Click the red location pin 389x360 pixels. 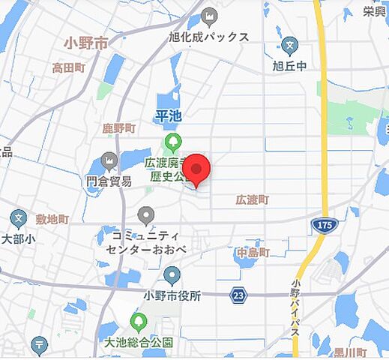click(197, 169)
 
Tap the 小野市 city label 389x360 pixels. click(86, 43)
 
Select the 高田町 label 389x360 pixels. click(68, 67)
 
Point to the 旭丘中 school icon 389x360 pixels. click(292, 43)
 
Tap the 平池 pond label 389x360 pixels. click(169, 115)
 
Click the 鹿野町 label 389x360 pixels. click(118, 128)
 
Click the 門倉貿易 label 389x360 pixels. click(109, 181)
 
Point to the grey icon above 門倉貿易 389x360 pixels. click(109, 160)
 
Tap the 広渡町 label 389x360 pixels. click(252, 199)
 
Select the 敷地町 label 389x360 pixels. click(52, 219)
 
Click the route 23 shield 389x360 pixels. click(238, 296)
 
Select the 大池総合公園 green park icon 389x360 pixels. click(139, 322)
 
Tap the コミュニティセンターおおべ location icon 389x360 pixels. click(146, 215)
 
